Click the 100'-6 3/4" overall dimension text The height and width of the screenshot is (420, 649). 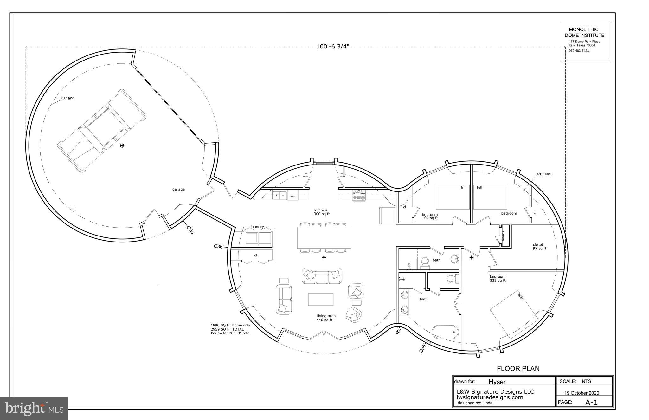pyautogui.click(x=333, y=47)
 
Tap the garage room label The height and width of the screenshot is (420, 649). pyautogui.click(x=178, y=189)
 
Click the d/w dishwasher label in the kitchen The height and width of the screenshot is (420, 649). pyautogui.click(x=292, y=197)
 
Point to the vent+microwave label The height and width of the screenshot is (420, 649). pyautogui.click(x=359, y=192)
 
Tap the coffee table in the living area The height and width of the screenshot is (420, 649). pyautogui.click(x=321, y=299)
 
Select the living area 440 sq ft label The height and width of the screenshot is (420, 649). pyautogui.click(x=326, y=318)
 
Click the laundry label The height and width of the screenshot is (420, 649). pyautogui.click(x=257, y=227)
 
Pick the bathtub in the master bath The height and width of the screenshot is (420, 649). pyautogui.click(x=445, y=332)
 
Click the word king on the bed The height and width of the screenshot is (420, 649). pyautogui.click(x=520, y=296)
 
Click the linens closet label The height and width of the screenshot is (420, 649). pyautogui.click(x=503, y=236)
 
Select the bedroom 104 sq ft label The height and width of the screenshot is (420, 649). pyautogui.click(x=430, y=216)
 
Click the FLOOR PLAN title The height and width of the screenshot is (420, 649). pyautogui.click(x=518, y=368)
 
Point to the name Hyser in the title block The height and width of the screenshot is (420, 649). pyautogui.click(x=497, y=382)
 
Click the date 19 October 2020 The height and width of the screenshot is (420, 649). pyautogui.click(x=582, y=393)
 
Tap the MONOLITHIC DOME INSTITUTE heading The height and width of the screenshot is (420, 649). pyautogui.click(x=586, y=32)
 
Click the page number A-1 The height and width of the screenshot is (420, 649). pyautogui.click(x=591, y=403)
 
